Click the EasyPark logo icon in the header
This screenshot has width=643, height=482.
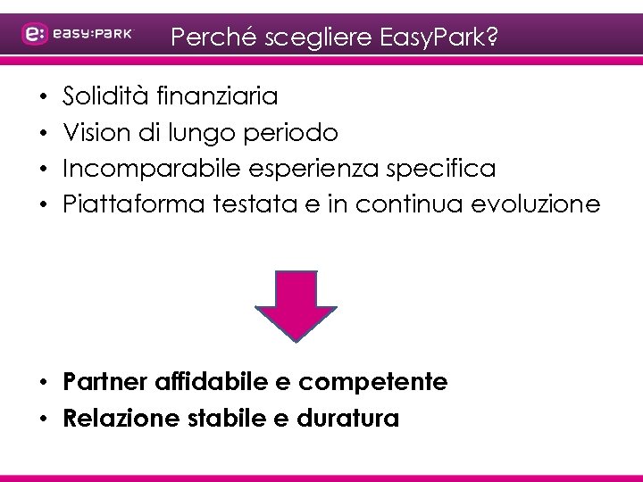[35, 34]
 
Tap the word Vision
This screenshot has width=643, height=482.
[93, 132]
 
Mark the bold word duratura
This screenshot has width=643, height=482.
[352, 417]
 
